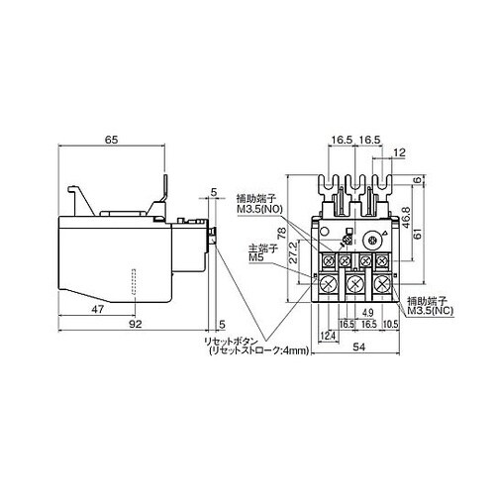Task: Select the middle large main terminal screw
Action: [x=354, y=284]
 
